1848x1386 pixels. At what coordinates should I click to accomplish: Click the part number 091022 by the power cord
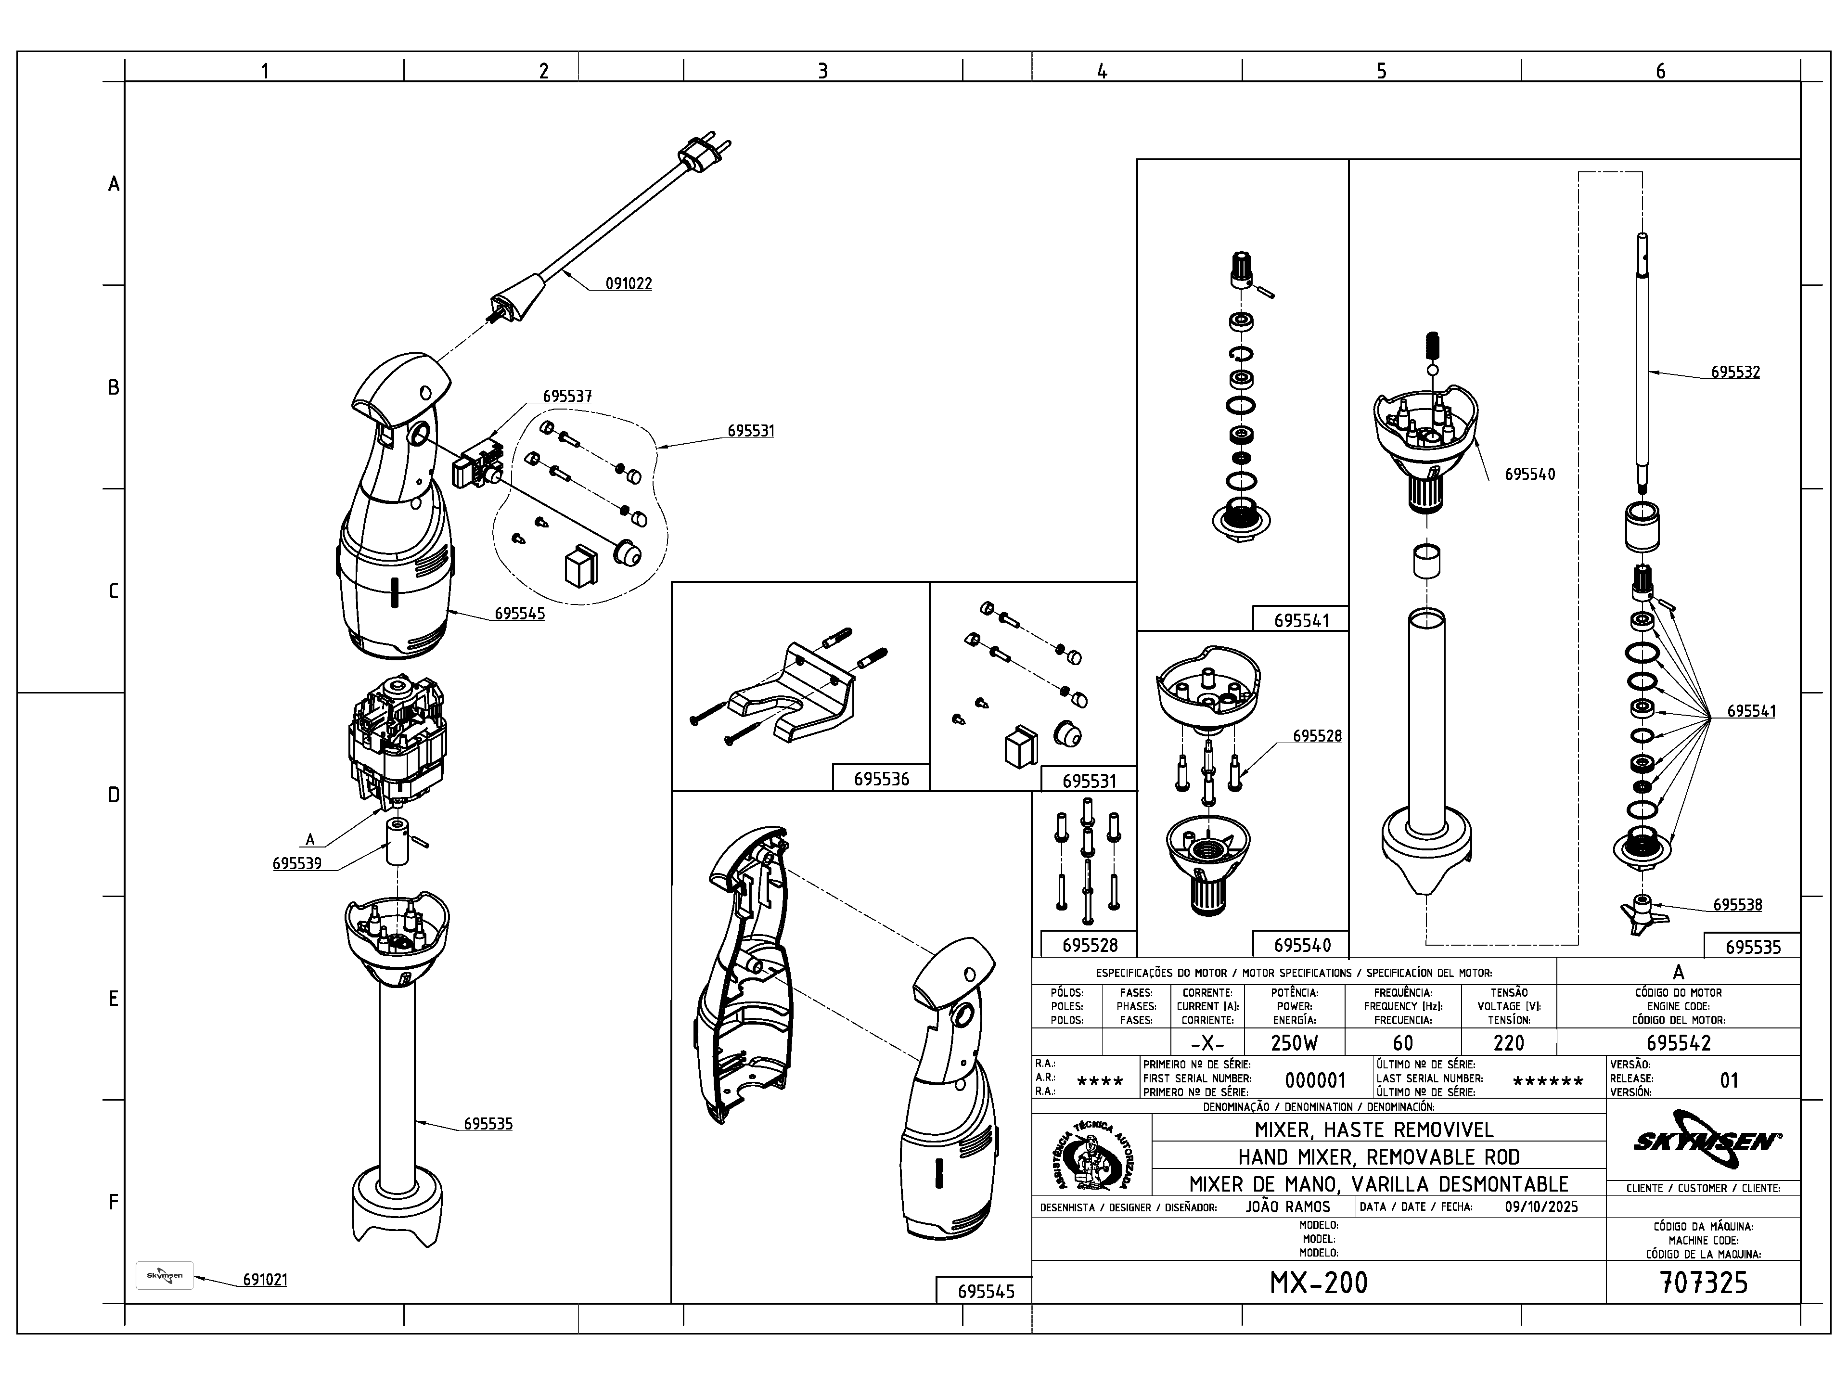point(628,283)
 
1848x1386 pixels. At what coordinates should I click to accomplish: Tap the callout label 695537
point(567,396)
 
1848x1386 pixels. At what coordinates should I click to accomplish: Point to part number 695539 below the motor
point(296,863)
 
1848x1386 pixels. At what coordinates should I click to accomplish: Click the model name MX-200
point(1318,1283)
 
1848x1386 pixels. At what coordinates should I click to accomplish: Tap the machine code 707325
point(1703,1283)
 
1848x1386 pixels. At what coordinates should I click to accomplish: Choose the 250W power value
point(1294,1043)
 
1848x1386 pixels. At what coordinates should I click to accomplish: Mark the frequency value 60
point(1403,1043)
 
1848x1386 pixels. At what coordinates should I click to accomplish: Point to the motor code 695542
point(1679,1043)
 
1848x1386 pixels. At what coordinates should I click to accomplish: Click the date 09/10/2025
point(1541,1206)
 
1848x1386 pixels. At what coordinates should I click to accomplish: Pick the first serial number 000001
point(1315,1080)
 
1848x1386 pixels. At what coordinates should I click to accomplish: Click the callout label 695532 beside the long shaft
point(1735,372)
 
